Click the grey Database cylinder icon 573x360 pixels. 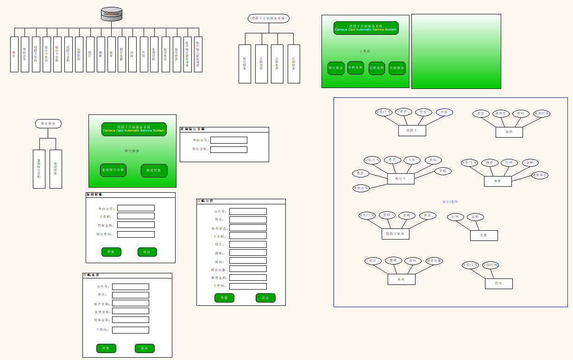(x=112, y=14)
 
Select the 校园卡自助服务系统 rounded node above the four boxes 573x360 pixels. (x=269, y=19)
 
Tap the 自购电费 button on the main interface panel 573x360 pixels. (x=356, y=68)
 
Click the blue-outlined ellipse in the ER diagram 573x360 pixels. (x=444, y=112)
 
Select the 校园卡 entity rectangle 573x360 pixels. (x=412, y=131)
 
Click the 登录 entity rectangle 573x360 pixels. (x=509, y=132)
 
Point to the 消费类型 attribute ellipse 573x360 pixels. (x=540, y=175)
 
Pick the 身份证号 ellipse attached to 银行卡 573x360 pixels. (x=361, y=188)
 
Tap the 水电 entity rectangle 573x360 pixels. (x=401, y=279)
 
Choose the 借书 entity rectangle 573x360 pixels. (x=499, y=284)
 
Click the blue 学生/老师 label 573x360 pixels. (x=450, y=202)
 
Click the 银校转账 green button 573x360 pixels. (x=154, y=171)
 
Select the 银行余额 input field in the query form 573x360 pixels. (x=229, y=150)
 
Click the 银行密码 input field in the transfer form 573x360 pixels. (x=136, y=234)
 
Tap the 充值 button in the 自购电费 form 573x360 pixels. (x=224, y=298)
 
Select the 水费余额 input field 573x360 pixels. (x=131, y=312)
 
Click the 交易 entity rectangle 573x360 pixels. (x=484, y=235)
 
